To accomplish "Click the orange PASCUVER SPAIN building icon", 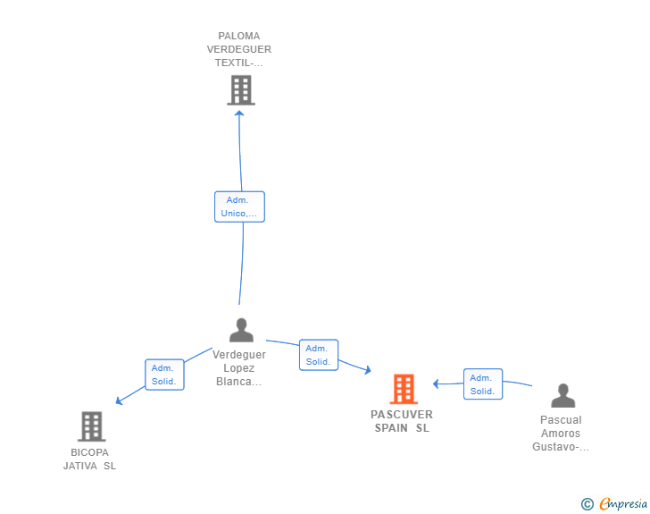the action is coord(404,389).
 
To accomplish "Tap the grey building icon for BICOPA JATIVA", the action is coord(92,426).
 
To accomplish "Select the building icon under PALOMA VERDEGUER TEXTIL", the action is coord(241,90).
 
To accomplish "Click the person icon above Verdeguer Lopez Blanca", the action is coord(241,330).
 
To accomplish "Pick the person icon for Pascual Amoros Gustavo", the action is coord(562,395).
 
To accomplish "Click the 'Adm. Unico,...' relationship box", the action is coord(239,206).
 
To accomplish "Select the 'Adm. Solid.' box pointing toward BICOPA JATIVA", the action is coord(164,375).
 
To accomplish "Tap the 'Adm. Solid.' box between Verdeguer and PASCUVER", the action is coord(319,355).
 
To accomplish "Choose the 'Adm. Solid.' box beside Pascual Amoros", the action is coord(483,384).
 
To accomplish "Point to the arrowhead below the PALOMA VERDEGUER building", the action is coord(239,114).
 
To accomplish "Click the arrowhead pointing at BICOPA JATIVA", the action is coord(119,401).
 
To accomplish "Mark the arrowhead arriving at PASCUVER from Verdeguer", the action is coord(368,369).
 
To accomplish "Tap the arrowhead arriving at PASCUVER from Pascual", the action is coord(436,384).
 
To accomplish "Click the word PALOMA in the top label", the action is coord(239,36).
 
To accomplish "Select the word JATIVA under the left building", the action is coord(80,466).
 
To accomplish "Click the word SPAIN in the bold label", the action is coord(391,428).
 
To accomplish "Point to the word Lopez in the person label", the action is coord(239,368).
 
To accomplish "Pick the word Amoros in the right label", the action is coord(561,434).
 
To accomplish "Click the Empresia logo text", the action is coord(623,504).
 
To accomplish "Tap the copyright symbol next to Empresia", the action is coord(587,504).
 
